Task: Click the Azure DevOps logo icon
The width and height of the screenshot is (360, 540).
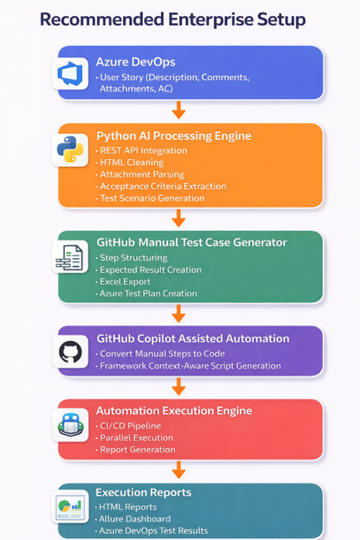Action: pyautogui.click(x=70, y=74)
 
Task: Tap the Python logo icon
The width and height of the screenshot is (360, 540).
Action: pyautogui.click(x=70, y=149)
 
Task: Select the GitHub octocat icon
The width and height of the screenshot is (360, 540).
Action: pyautogui.click(x=70, y=352)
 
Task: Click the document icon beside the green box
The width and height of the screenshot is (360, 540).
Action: pyautogui.click(x=70, y=257)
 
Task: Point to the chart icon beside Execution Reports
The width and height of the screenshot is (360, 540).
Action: pyautogui.click(x=70, y=506)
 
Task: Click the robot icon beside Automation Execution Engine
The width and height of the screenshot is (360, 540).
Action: pyautogui.click(x=70, y=425)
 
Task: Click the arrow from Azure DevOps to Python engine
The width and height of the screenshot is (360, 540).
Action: pyautogui.click(x=179, y=110)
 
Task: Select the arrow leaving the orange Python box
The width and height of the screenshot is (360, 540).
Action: pyautogui.click(x=179, y=218)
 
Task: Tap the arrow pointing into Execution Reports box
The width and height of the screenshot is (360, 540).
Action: pyautogui.click(x=179, y=469)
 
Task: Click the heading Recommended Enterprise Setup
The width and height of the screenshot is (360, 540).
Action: pyautogui.click(x=173, y=19)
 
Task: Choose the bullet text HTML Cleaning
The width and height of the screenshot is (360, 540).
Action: pyautogui.click(x=132, y=162)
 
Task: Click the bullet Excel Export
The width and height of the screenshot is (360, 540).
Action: pyautogui.click(x=125, y=281)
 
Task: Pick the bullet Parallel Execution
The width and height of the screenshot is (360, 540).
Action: pyautogui.click(x=136, y=438)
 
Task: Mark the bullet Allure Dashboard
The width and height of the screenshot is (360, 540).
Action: pyautogui.click(x=135, y=518)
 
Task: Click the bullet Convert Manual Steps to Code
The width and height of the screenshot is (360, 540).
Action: pyautogui.click(x=162, y=353)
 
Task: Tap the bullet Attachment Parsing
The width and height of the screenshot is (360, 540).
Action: pyautogui.click(x=142, y=174)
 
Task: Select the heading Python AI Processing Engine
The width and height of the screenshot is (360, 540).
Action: pyautogui.click(x=173, y=136)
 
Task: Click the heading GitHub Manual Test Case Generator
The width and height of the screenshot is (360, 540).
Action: pyautogui.click(x=192, y=242)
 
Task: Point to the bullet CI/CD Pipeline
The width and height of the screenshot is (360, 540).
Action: pyautogui.click(x=130, y=425)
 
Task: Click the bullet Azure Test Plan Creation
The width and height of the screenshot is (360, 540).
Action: pyautogui.click(x=149, y=294)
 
